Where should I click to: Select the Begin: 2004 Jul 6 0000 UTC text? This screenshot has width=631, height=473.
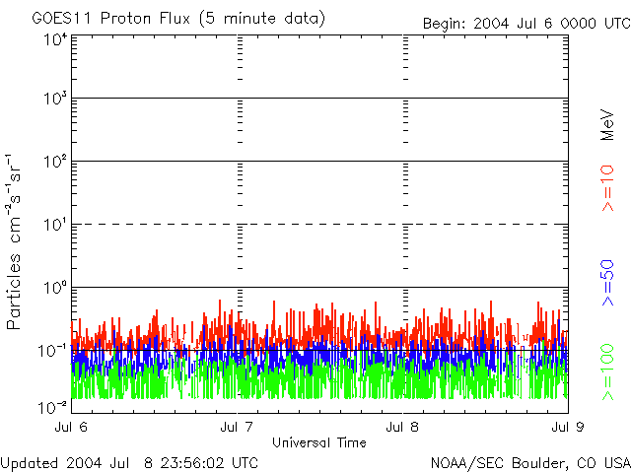click(x=525, y=24)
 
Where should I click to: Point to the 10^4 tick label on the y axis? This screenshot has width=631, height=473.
click(x=54, y=39)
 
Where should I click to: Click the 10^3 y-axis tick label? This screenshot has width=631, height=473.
click(x=54, y=100)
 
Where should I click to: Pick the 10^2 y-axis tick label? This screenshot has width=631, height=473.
click(x=54, y=163)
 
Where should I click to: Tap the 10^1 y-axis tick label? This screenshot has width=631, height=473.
click(x=54, y=226)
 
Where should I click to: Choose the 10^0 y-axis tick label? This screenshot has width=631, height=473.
click(x=54, y=289)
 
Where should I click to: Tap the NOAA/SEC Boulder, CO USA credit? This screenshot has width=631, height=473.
click(x=529, y=462)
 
